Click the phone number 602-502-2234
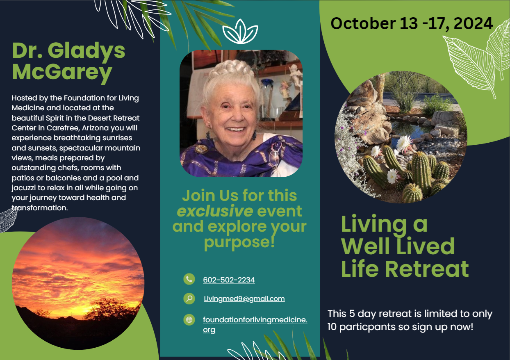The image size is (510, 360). (229, 280)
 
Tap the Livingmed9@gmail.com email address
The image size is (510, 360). (244, 298)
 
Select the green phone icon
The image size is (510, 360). (189, 279)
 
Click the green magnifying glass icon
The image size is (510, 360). (189, 298)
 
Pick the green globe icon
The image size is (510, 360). (189, 319)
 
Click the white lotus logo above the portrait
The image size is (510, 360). (240, 32)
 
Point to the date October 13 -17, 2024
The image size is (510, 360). (412, 23)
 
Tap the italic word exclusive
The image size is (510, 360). (215, 211)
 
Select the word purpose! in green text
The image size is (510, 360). (239, 242)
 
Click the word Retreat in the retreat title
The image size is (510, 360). (427, 269)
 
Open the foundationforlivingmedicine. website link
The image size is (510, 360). (255, 320)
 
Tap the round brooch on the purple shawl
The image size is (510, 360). (201, 149)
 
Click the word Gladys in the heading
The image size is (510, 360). (86, 51)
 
